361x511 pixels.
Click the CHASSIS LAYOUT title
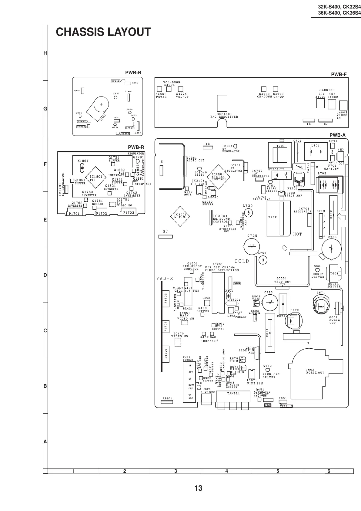coord(103,32)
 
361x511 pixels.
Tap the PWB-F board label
coord(339,74)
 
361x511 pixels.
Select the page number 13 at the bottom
coord(198,488)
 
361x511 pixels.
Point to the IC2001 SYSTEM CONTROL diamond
coord(219,177)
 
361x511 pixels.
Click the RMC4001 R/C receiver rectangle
coord(222,103)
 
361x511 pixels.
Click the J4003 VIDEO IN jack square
coord(343,106)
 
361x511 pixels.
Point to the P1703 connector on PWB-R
coord(129,212)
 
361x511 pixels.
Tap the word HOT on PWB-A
coord(298,234)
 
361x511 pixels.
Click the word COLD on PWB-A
coord(242,261)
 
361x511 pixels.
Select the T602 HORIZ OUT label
coord(315,371)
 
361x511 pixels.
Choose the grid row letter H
coord(45,53)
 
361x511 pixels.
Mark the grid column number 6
coord(329,471)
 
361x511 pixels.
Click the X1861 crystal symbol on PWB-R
coord(82,167)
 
